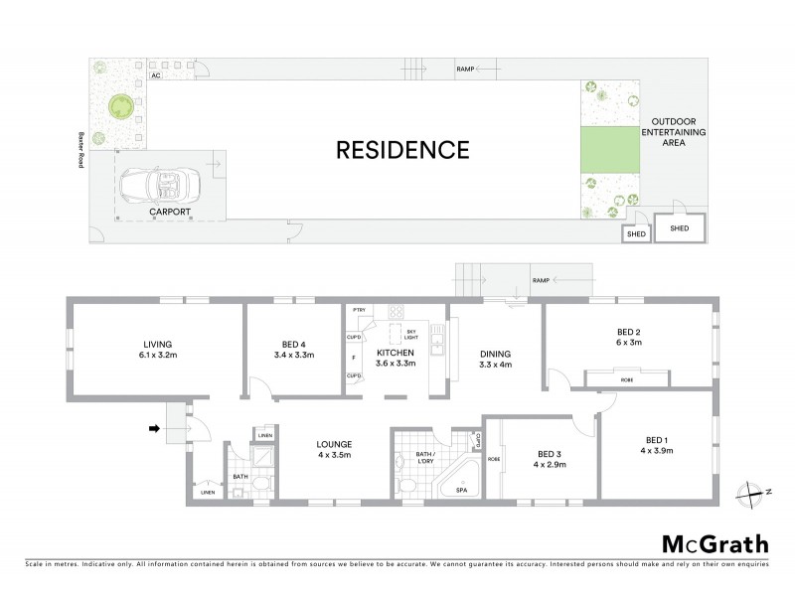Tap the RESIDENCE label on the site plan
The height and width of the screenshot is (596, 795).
tap(401, 151)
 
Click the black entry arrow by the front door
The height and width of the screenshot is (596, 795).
tap(154, 429)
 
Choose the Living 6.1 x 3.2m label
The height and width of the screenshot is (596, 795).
tap(158, 350)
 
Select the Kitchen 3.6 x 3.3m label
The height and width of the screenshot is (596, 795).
tap(396, 359)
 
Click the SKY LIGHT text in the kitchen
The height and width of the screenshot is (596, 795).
tap(411, 334)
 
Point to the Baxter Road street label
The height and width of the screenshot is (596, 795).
tap(74, 149)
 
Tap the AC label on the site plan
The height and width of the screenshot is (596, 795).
tap(155, 74)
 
